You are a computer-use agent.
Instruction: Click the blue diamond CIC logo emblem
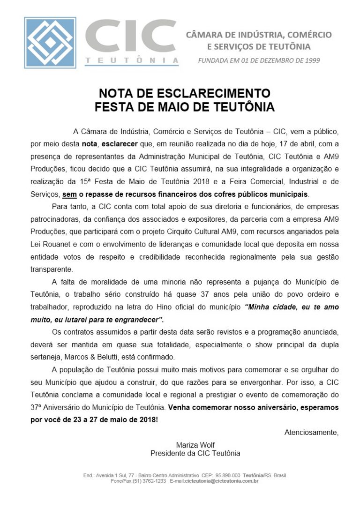point(50,43)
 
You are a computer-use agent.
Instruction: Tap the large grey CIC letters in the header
point(132,37)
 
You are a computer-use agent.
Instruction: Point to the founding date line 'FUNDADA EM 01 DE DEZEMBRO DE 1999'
point(259,60)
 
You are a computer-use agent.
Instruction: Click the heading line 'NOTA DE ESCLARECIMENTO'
point(184,93)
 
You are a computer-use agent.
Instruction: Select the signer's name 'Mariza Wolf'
point(195,444)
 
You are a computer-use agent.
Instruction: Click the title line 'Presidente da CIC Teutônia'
point(195,453)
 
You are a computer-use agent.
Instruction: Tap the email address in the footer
point(221,481)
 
